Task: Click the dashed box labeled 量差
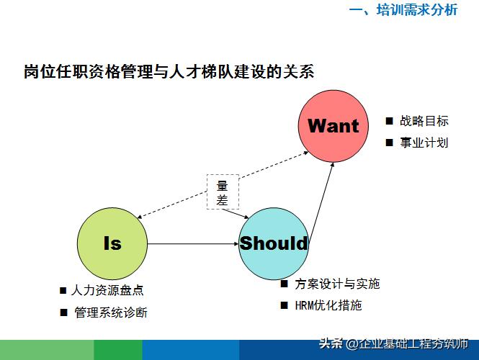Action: (223, 192)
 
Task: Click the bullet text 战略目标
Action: (424, 121)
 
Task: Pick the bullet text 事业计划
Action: (424, 143)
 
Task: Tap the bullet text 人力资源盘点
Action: (107, 291)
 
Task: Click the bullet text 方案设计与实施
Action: (337, 284)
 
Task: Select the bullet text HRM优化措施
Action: (328, 305)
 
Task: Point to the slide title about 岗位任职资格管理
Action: (169, 72)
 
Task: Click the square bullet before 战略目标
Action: (389, 121)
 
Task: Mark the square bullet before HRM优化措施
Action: (285, 305)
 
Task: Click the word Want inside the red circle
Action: (333, 126)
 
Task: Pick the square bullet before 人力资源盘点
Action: (63, 291)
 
